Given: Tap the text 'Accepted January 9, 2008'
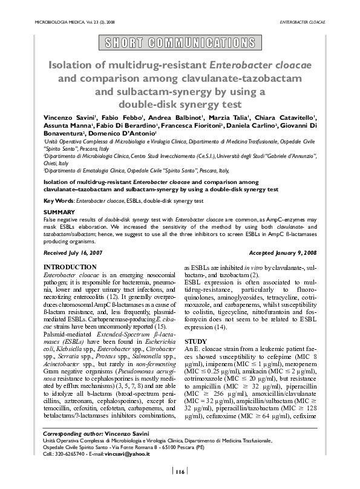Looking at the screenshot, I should pyautogui.click(x=283, y=251).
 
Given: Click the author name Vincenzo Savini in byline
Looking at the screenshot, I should pyautogui.click(x=68, y=116).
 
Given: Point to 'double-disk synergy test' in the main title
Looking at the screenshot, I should pyautogui.click(x=180, y=103).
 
